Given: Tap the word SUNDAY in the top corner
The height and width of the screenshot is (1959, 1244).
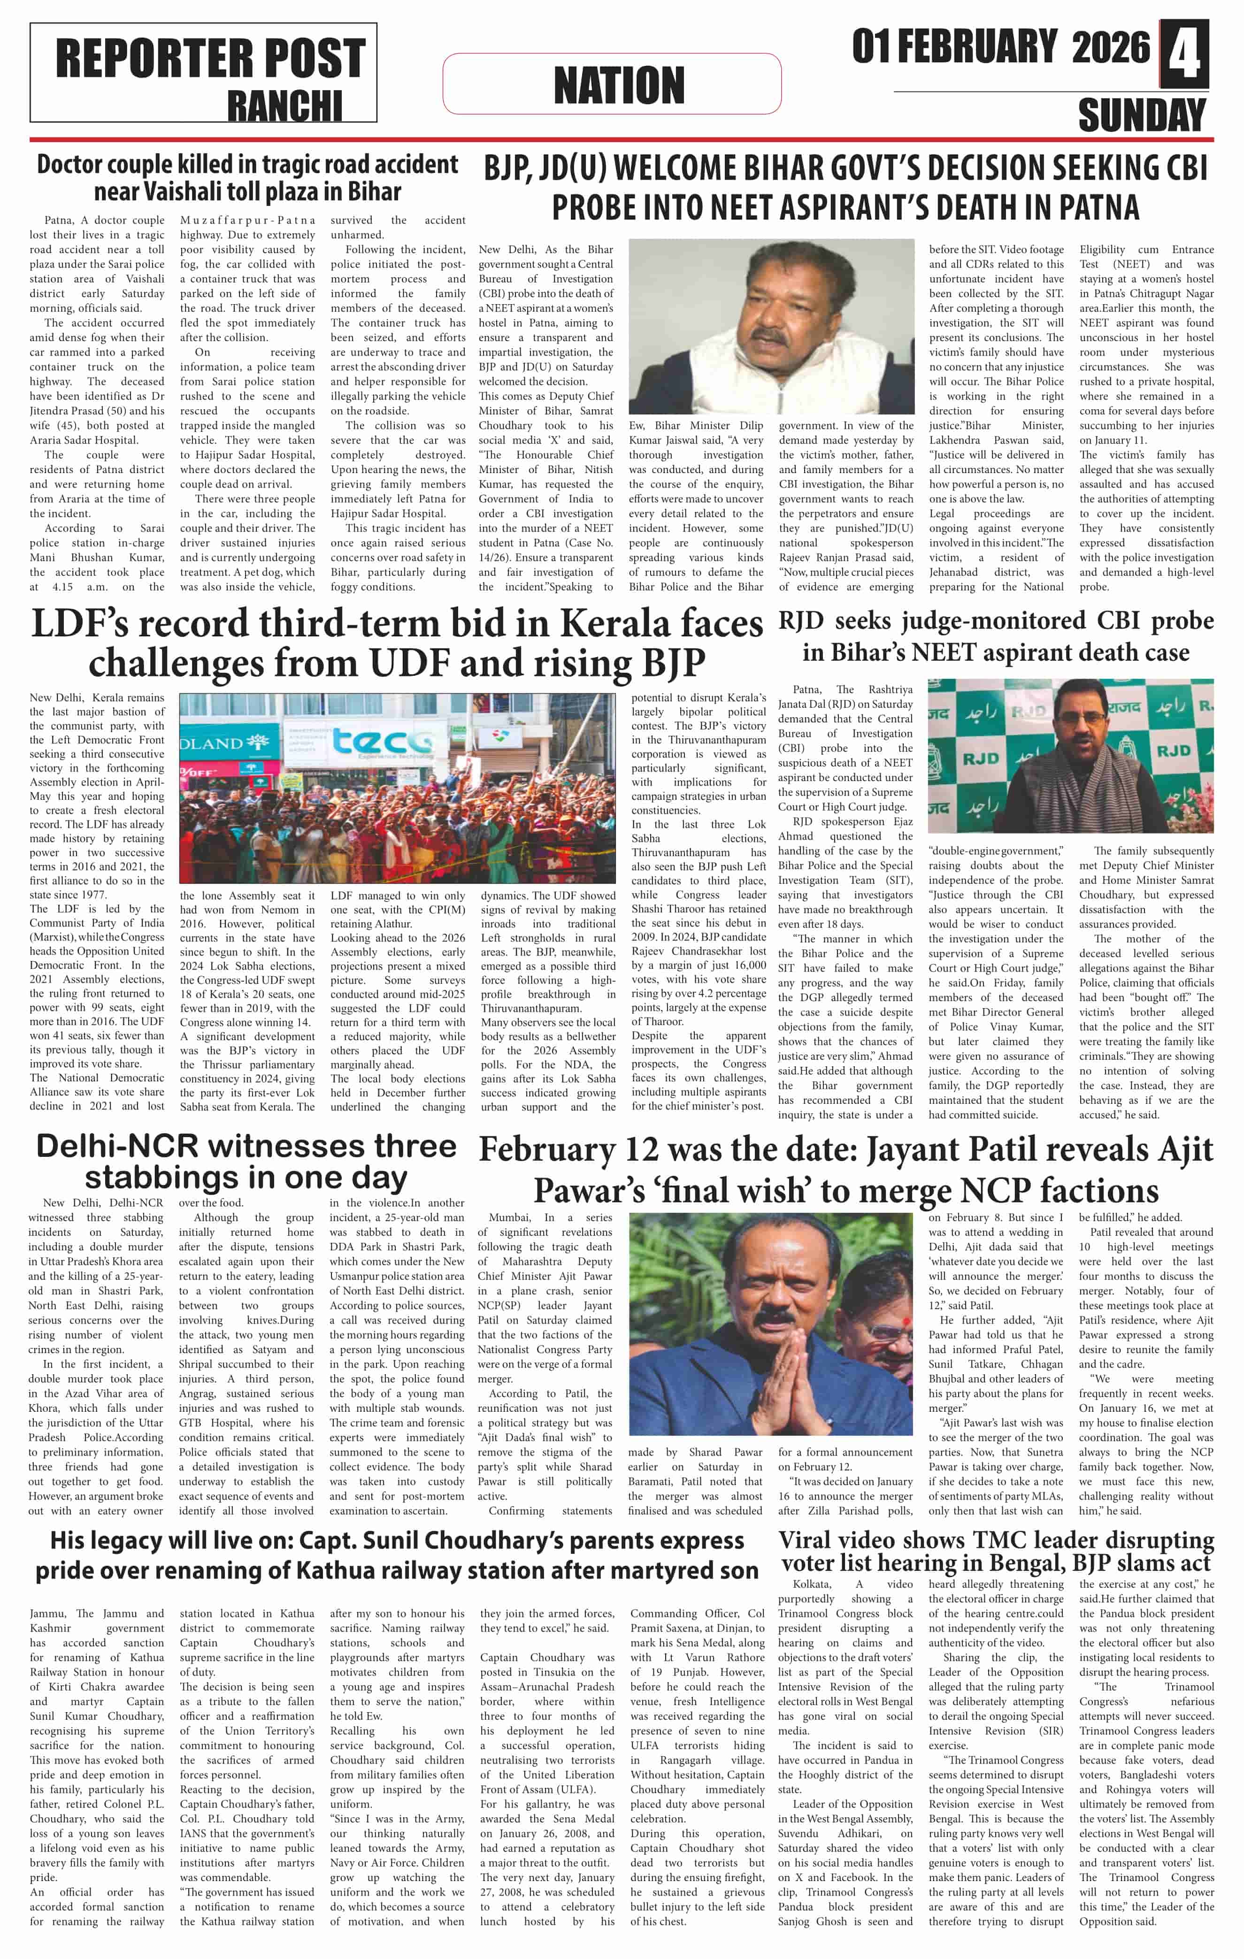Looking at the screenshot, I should [1142, 115].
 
